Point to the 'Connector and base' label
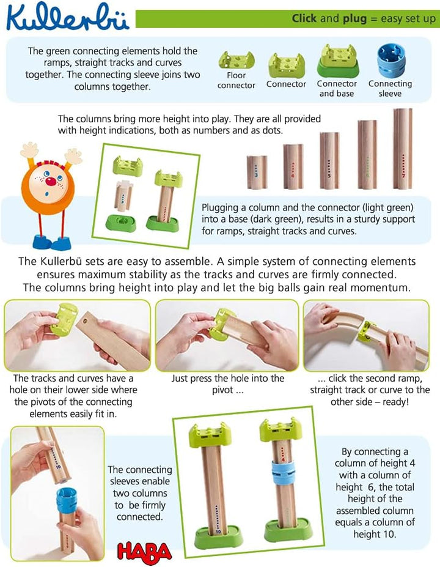tap(337, 89)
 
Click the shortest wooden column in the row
tap(257, 172)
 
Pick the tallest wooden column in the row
tap(403, 148)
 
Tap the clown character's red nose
tap(52, 181)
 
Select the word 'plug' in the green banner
tap(354, 18)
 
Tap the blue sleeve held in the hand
tap(67, 501)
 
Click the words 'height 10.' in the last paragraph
tap(375, 534)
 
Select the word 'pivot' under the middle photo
tap(222, 390)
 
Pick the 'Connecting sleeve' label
tap(390, 89)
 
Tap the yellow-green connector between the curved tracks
tap(368, 331)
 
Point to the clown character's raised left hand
tap(73, 155)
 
